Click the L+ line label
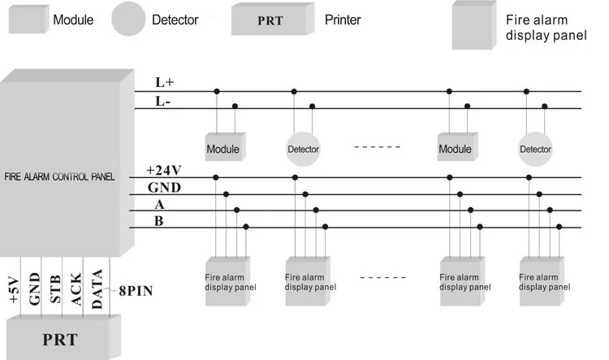(x=164, y=83)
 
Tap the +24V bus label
(x=166, y=171)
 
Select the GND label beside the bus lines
(x=164, y=189)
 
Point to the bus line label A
(x=160, y=206)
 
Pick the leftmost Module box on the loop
(x=222, y=147)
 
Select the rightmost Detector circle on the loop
(x=535, y=150)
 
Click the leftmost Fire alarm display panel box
(x=228, y=280)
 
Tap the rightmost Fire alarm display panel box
(x=542, y=280)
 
